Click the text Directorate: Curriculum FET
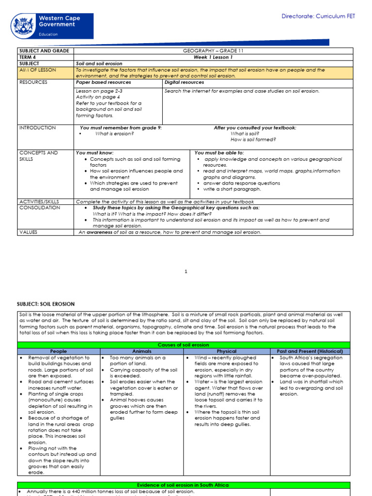point(318,16)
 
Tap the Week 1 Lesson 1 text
point(213,57)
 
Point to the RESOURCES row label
point(33,82)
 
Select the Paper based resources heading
point(103,82)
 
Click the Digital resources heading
point(184,82)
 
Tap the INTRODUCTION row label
point(37,128)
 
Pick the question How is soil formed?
point(253,140)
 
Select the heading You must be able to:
point(219,153)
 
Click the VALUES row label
point(28,232)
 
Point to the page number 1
point(186,272)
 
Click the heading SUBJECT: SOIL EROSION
point(46,304)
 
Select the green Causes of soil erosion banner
point(186,345)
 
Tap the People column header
point(59,351)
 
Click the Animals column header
point(142,351)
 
